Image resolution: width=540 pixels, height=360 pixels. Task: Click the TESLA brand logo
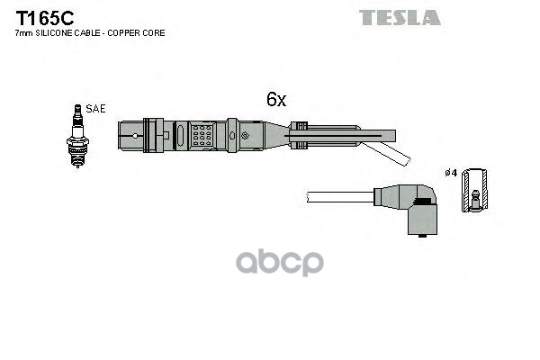400,17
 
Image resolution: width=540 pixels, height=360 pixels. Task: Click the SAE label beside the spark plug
95,108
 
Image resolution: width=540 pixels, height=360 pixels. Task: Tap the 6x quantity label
275,101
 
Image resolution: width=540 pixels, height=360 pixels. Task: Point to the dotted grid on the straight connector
202,136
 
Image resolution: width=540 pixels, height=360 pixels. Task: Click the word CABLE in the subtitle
88,33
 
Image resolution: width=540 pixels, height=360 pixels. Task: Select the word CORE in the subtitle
152,33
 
